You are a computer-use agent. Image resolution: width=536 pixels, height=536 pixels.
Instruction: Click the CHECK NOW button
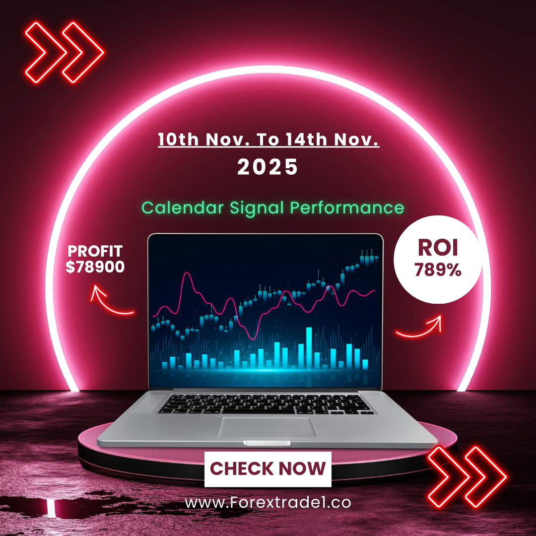268,469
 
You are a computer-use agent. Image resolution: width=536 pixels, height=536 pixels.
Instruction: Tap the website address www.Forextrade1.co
268,502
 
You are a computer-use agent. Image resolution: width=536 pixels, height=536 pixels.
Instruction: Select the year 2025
268,167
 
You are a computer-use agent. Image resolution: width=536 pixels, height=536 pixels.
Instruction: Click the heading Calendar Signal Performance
273,208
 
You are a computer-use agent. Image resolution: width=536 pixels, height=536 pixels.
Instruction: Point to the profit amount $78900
95,267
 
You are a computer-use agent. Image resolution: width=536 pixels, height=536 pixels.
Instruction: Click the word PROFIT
95,251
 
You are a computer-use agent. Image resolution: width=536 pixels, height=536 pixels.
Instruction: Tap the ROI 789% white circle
438,260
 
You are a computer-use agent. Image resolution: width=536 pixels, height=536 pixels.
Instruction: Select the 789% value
438,269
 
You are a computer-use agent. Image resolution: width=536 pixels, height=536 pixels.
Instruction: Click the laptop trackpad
267,427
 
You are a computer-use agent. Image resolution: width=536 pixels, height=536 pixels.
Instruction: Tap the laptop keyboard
266,404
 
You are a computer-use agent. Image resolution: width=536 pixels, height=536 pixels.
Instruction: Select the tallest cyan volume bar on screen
309,348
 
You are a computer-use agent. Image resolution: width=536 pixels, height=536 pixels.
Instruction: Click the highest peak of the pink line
187,273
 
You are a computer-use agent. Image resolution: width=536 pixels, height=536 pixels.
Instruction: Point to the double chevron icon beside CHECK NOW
467,477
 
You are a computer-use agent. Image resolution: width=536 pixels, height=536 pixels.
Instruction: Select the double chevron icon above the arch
64,52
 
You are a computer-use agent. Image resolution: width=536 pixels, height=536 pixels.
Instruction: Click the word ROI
438,248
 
